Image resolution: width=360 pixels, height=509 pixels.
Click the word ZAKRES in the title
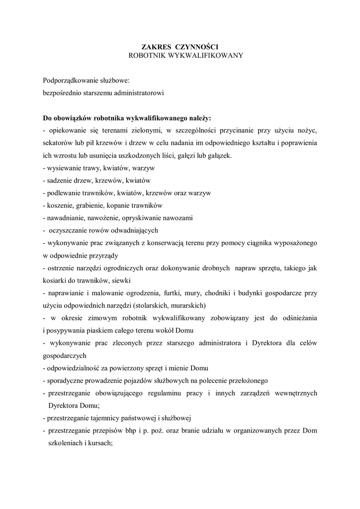[x=153, y=46]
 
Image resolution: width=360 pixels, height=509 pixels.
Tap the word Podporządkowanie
[x=71, y=80]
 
